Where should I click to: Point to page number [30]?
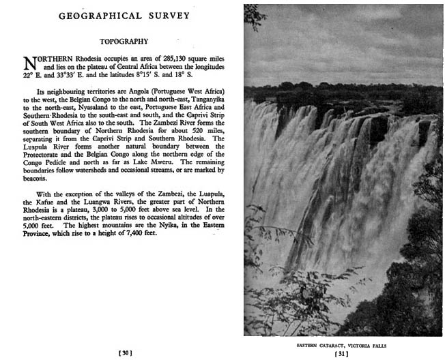tap(126, 352)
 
